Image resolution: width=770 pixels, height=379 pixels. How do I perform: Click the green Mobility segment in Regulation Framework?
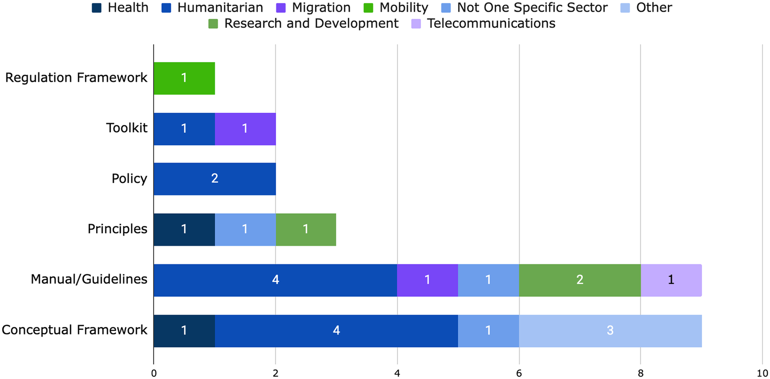[x=184, y=78]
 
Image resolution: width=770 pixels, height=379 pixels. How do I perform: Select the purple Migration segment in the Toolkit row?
[x=245, y=129]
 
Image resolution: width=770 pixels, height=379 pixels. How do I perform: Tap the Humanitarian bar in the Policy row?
[x=215, y=179]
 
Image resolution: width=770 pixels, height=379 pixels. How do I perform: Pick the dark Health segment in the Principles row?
[x=184, y=229]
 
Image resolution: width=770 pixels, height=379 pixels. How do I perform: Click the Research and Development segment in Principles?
[x=306, y=229]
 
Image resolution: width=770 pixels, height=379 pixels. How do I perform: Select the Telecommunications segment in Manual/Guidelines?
[x=671, y=280]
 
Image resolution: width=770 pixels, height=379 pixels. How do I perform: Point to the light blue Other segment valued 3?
[x=610, y=331]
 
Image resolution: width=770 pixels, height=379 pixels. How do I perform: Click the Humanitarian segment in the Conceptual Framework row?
[x=336, y=331]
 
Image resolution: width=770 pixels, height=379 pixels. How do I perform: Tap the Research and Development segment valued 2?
[x=580, y=280]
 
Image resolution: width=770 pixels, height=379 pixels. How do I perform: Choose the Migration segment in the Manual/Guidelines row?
[x=427, y=280]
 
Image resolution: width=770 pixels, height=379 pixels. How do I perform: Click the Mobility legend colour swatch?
[x=368, y=8]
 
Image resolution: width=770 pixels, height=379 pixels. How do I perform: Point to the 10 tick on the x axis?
[x=762, y=373]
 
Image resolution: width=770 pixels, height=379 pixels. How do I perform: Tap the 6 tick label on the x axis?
[x=519, y=373]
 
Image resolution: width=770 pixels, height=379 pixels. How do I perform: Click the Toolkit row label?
[x=126, y=128]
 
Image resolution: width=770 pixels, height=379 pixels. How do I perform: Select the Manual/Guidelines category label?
[x=89, y=279]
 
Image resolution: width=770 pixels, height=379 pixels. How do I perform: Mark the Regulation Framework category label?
[x=76, y=78]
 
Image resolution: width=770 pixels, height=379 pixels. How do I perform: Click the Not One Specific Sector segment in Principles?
[x=245, y=229]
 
